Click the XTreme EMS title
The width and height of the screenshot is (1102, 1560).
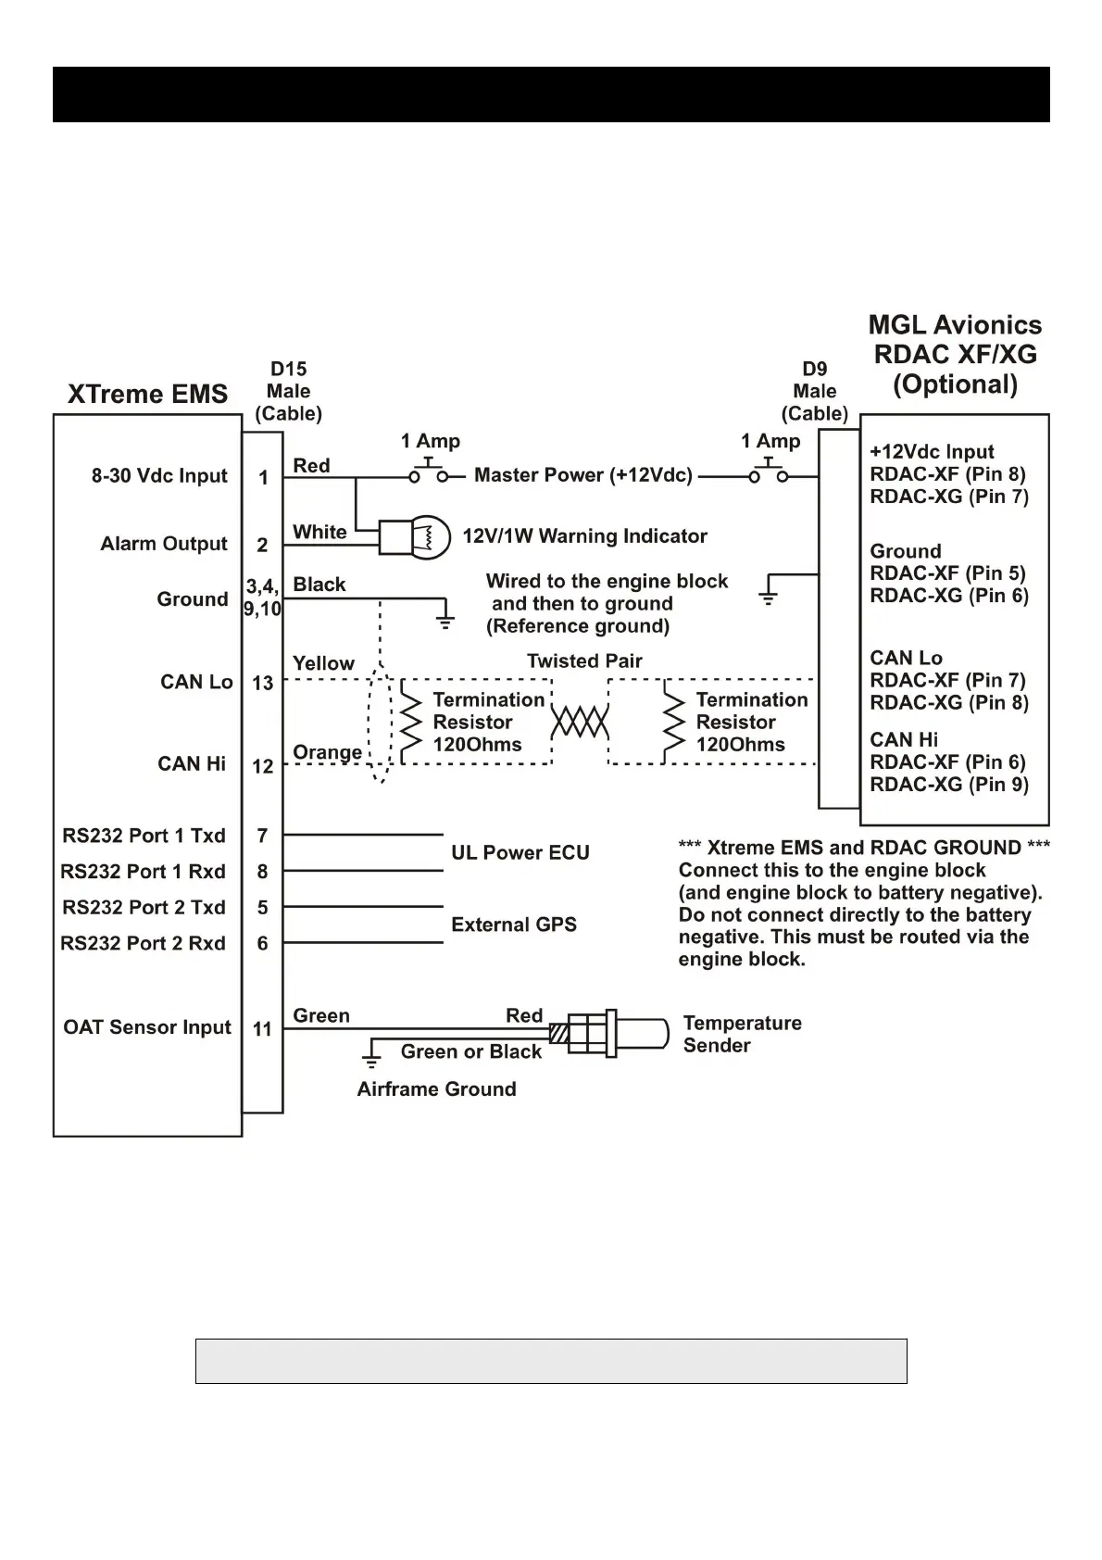click(x=147, y=394)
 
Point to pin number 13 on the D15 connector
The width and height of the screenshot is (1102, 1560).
click(x=262, y=683)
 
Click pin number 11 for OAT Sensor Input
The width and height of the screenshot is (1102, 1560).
click(x=262, y=1028)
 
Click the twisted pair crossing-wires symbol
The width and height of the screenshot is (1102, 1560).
click(x=580, y=722)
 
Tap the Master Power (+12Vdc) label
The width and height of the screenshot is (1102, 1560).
click(x=582, y=475)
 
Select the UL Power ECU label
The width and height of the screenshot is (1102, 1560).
click(x=520, y=852)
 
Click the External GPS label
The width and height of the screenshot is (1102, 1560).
click(x=513, y=925)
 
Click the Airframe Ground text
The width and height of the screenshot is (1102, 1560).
click(x=436, y=1089)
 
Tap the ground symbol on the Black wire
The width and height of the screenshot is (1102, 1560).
click(x=445, y=619)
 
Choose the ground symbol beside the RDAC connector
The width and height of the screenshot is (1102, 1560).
click(x=768, y=593)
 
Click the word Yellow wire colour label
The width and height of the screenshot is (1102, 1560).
click(x=323, y=663)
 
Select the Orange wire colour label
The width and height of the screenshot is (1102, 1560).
click(x=327, y=752)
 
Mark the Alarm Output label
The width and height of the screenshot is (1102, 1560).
click(x=163, y=544)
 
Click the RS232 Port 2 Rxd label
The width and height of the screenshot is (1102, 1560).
click(x=143, y=943)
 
